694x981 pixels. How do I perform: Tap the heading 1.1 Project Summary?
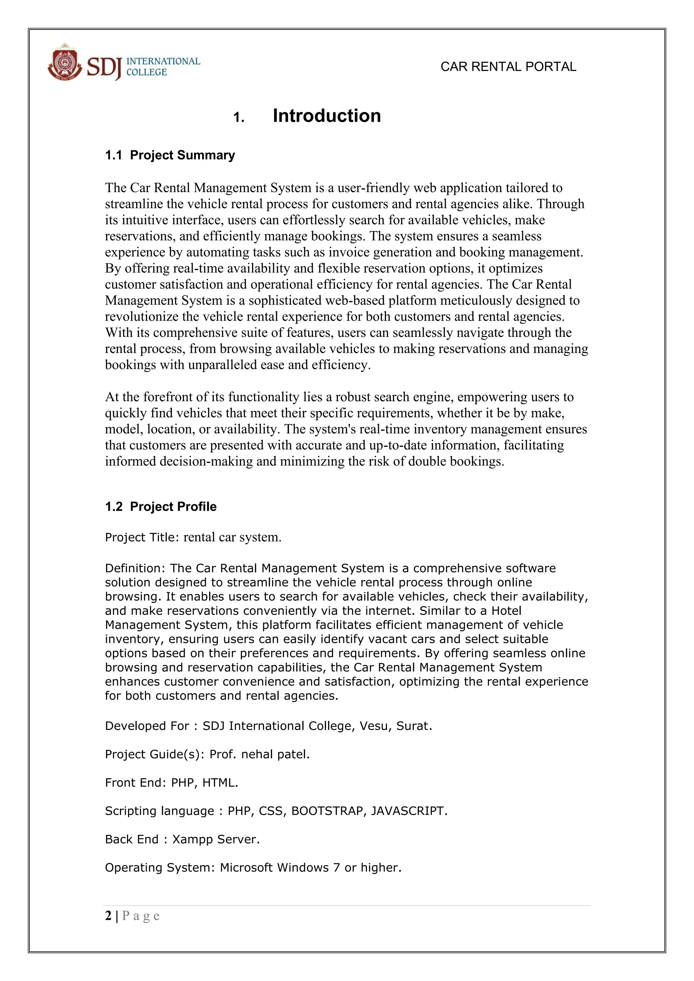click(x=170, y=155)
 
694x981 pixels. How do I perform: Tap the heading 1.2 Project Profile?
click(x=161, y=506)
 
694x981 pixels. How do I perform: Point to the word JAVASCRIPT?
click(x=407, y=811)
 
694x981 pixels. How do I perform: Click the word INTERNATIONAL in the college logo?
click(x=163, y=61)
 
